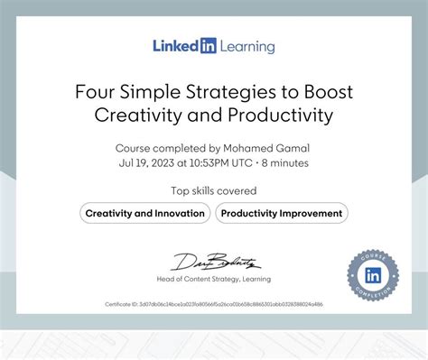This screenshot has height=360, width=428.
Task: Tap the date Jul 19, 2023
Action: coord(149,163)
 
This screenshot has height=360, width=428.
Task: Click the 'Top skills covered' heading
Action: coord(214,190)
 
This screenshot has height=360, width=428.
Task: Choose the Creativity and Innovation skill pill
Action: coord(144,214)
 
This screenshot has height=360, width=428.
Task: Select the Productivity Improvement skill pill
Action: coord(282,214)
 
